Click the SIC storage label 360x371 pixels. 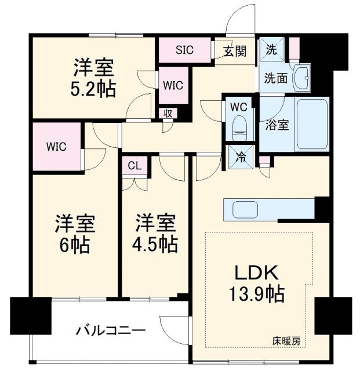click(x=186, y=50)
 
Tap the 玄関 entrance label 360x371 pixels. click(x=234, y=50)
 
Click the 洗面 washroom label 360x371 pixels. click(x=277, y=78)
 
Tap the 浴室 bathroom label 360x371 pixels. click(x=275, y=123)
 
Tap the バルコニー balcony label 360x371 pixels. click(x=110, y=332)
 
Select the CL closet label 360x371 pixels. click(x=134, y=166)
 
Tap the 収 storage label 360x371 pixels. click(x=168, y=112)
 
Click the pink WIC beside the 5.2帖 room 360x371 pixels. click(x=173, y=85)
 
